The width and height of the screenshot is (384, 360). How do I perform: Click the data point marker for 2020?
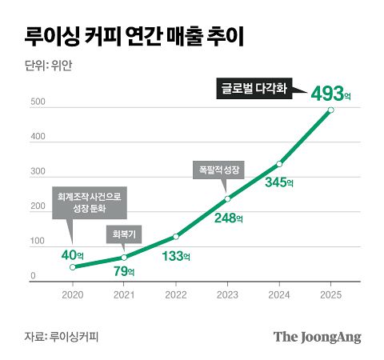click(73, 267)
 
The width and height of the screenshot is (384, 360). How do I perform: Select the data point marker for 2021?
click(124, 258)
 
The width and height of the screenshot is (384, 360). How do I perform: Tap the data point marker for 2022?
click(176, 237)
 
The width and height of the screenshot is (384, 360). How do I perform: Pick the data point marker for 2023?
click(227, 199)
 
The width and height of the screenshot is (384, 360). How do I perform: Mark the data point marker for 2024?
click(279, 164)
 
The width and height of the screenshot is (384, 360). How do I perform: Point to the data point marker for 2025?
click(331, 110)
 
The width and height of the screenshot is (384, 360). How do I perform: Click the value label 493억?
click(330, 94)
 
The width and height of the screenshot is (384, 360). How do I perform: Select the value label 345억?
click(279, 182)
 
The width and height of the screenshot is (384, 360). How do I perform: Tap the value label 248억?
click(229, 218)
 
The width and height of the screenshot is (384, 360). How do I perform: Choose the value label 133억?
click(176, 256)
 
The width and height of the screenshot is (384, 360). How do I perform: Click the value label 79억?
click(124, 271)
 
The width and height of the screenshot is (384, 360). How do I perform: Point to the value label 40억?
click(72, 255)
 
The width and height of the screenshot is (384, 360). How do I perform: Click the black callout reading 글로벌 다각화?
click(254, 89)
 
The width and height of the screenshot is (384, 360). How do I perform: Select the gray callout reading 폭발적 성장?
click(218, 170)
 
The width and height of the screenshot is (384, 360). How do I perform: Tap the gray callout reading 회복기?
click(124, 234)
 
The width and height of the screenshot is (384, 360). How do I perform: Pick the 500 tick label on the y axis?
click(38, 102)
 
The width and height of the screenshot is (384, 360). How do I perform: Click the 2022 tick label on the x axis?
click(176, 295)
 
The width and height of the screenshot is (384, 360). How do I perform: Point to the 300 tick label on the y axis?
click(38, 171)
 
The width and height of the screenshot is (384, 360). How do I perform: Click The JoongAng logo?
click(317, 337)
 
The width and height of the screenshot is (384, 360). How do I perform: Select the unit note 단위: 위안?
click(48, 66)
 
